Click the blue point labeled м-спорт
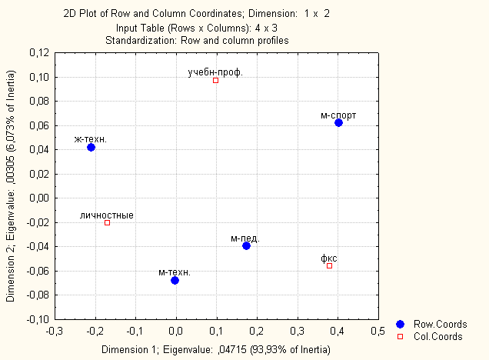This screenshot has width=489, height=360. (x=338, y=123)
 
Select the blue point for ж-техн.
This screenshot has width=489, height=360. (x=91, y=147)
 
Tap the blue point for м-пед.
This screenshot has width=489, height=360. (x=246, y=245)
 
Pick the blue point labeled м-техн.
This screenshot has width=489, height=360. (x=175, y=280)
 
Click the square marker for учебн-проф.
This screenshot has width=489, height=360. (x=215, y=80)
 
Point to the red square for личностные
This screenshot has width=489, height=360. (x=107, y=223)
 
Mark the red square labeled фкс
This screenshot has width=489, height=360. (x=329, y=265)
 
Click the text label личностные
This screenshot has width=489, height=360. (x=107, y=215)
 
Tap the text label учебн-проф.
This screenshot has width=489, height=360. (x=215, y=72)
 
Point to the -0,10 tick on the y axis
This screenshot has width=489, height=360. (x=36, y=318)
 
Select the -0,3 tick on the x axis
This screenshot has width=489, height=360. (x=55, y=332)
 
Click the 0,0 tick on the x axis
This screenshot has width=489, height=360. (x=175, y=332)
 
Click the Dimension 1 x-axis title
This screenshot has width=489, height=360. (x=216, y=349)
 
